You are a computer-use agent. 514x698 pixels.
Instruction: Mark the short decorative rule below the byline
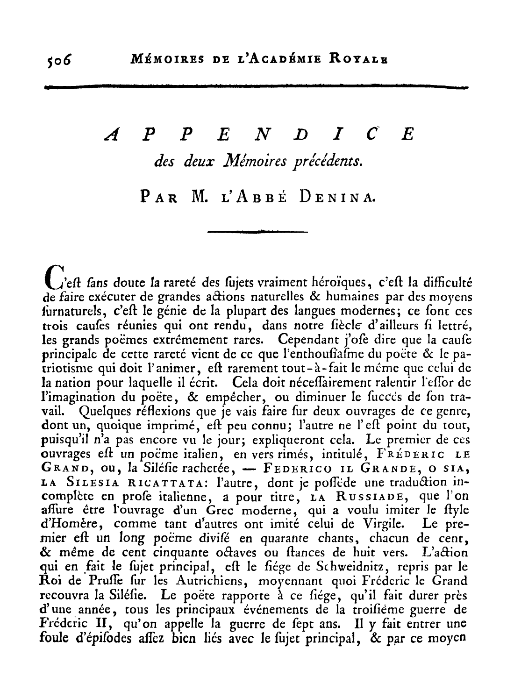(257, 231)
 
